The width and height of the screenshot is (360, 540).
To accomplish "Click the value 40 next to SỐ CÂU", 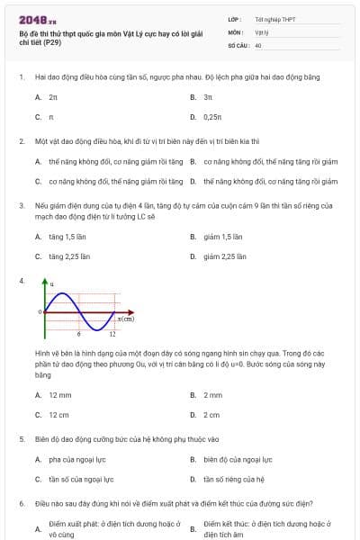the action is (x=258, y=44).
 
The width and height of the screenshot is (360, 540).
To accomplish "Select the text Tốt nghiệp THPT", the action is (x=274, y=19).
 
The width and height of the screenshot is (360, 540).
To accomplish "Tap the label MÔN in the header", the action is (x=235, y=31).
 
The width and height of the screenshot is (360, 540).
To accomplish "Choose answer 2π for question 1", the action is (x=54, y=95).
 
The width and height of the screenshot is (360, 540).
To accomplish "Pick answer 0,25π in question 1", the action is (x=212, y=117).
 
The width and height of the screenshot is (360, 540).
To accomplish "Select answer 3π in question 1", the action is (x=208, y=95).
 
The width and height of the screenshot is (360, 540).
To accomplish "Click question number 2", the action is (x=21, y=141).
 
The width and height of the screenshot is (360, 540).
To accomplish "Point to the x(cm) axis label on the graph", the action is (x=126, y=319).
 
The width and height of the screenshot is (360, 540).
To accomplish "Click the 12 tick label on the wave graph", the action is (x=112, y=334).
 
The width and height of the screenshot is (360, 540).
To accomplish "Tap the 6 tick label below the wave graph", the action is (x=78, y=334).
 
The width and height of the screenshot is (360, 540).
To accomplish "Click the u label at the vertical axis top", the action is (x=51, y=285).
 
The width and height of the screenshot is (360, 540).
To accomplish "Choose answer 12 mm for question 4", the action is (x=60, y=394).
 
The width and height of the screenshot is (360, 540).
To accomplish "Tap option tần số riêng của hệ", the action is (x=233, y=480).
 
